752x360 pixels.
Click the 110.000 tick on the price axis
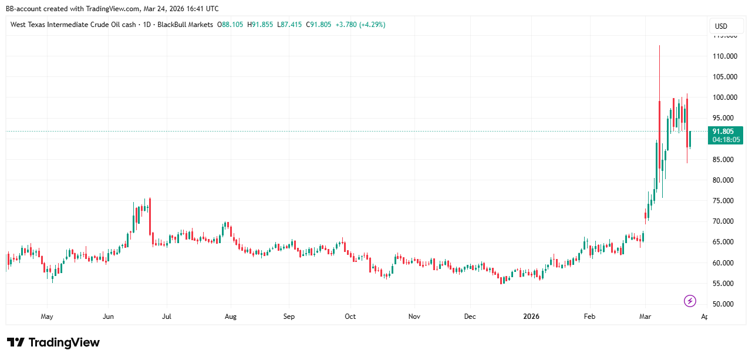click(x=724, y=56)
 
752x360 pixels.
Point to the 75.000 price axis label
click(x=726, y=201)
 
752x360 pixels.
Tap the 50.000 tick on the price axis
click(x=726, y=304)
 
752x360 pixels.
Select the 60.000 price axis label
click(x=726, y=263)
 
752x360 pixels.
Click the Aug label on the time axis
click(x=231, y=317)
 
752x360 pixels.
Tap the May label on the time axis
click(x=47, y=317)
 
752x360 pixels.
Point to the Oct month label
click(x=350, y=317)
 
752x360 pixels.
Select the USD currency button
click(x=720, y=26)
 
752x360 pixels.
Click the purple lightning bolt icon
click(x=690, y=301)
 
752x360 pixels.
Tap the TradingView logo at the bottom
click(x=53, y=342)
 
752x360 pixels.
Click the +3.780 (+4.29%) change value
click(x=359, y=25)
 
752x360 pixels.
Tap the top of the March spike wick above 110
click(x=659, y=46)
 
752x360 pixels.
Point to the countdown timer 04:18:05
click(x=727, y=140)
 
